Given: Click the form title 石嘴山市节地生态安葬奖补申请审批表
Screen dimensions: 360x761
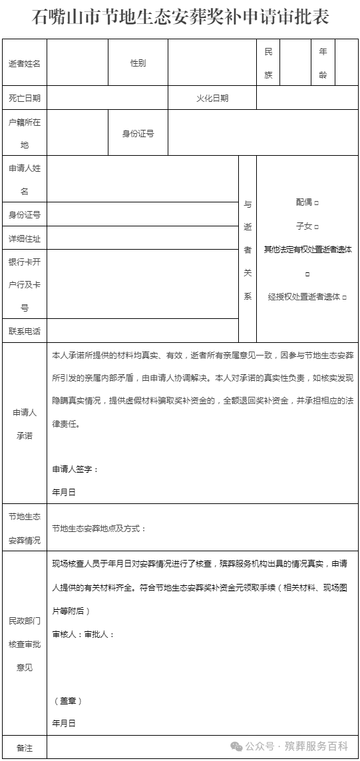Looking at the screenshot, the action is click(180, 17).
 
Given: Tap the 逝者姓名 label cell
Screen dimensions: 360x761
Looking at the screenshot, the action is click(25, 63).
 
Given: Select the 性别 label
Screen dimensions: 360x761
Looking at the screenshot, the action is click(138, 63).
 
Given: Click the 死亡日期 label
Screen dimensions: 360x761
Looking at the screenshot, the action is click(25, 98).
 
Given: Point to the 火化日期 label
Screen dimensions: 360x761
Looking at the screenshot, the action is click(212, 98).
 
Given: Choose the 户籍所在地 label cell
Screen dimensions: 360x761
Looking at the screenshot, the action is click(25, 133).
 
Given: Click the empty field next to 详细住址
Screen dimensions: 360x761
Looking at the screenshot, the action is click(142, 238).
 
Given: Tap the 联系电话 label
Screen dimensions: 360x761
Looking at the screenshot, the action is click(25, 331).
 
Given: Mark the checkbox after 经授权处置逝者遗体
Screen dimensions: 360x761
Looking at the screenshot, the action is click(344, 297).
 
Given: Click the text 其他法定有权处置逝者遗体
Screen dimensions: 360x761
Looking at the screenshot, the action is click(307, 250).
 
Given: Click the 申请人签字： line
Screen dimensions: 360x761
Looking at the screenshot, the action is click(75, 469).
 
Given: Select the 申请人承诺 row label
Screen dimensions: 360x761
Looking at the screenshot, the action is click(25, 423).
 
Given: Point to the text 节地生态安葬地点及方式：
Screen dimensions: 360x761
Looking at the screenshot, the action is click(99, 529).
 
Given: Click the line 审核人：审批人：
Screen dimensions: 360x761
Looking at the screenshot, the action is click(83, 634).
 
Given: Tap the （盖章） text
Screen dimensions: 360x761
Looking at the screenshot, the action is click(67, 701).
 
